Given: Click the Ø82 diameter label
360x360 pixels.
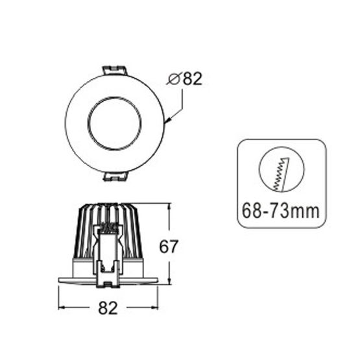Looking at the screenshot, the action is point(186,78).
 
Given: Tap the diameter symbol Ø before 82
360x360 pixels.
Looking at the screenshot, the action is point(174,79).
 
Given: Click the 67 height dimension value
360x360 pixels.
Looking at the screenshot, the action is point(169,246).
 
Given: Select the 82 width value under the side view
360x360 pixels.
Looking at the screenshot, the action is point(108,308).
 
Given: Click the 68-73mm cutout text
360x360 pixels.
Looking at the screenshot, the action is point(281,211).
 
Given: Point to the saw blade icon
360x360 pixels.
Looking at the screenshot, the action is point(282,174).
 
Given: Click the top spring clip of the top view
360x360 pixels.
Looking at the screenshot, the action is point(115,71).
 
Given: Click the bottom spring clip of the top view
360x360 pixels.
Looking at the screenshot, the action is point(115,176).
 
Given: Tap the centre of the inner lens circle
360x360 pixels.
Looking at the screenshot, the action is point(114,123).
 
